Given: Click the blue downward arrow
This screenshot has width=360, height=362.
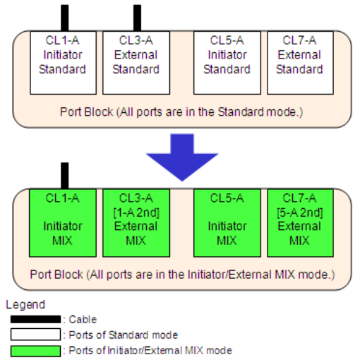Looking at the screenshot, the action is coord(182,157).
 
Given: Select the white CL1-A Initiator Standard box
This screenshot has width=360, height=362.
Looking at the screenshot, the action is coord(63,63).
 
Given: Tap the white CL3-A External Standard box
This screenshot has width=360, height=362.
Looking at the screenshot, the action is coord(136,63).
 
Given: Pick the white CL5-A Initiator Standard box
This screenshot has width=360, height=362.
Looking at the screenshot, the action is coord(227,63).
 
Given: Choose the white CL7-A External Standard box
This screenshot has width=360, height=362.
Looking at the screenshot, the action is coord(300,63).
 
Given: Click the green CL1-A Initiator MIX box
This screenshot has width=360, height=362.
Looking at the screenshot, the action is coord(63,223).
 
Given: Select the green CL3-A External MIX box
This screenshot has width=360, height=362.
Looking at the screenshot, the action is coord(136,223).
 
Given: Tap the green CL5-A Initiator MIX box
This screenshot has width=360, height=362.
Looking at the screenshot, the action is coord(227,223).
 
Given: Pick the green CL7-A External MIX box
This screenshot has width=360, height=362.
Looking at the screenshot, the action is coord(300,223).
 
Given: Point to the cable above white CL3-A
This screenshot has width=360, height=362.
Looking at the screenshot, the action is coord(137,18).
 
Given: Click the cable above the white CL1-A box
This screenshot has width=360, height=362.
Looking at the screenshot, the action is coord(65,18).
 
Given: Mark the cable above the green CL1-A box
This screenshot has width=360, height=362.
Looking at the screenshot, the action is coord(65,176).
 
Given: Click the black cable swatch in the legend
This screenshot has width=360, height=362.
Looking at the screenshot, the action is coord(35,319).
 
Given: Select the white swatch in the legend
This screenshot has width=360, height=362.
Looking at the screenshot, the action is coord(35,334).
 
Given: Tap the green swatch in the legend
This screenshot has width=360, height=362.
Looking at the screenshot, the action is coord(35,351).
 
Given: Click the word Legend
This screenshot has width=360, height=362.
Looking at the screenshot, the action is coord(25,305).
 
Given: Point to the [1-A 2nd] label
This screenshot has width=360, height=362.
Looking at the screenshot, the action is coord(136,212).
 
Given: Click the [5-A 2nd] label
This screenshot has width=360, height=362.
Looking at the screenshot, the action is coord(300,212).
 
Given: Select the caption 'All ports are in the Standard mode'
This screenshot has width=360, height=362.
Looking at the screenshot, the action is coord(181,112).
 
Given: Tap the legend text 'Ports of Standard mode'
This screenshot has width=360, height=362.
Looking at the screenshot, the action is coord(123,335).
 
